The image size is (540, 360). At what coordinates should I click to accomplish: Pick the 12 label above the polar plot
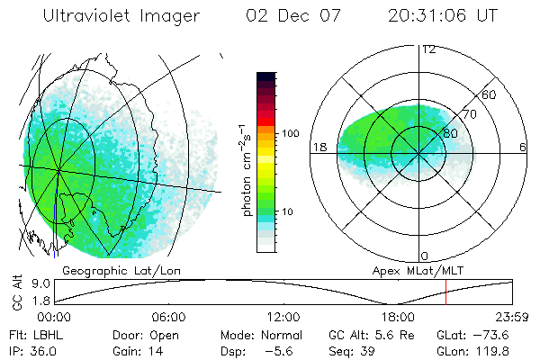coord(429,49)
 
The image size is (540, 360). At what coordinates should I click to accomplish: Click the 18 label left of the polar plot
coord(318,148)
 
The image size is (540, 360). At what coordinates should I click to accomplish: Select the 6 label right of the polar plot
coord(523,148)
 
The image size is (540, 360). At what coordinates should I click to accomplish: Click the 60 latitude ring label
coord(490,94)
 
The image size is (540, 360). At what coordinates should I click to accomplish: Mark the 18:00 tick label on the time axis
coord(398,317)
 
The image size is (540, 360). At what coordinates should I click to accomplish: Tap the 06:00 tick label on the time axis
coord(168,317)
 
